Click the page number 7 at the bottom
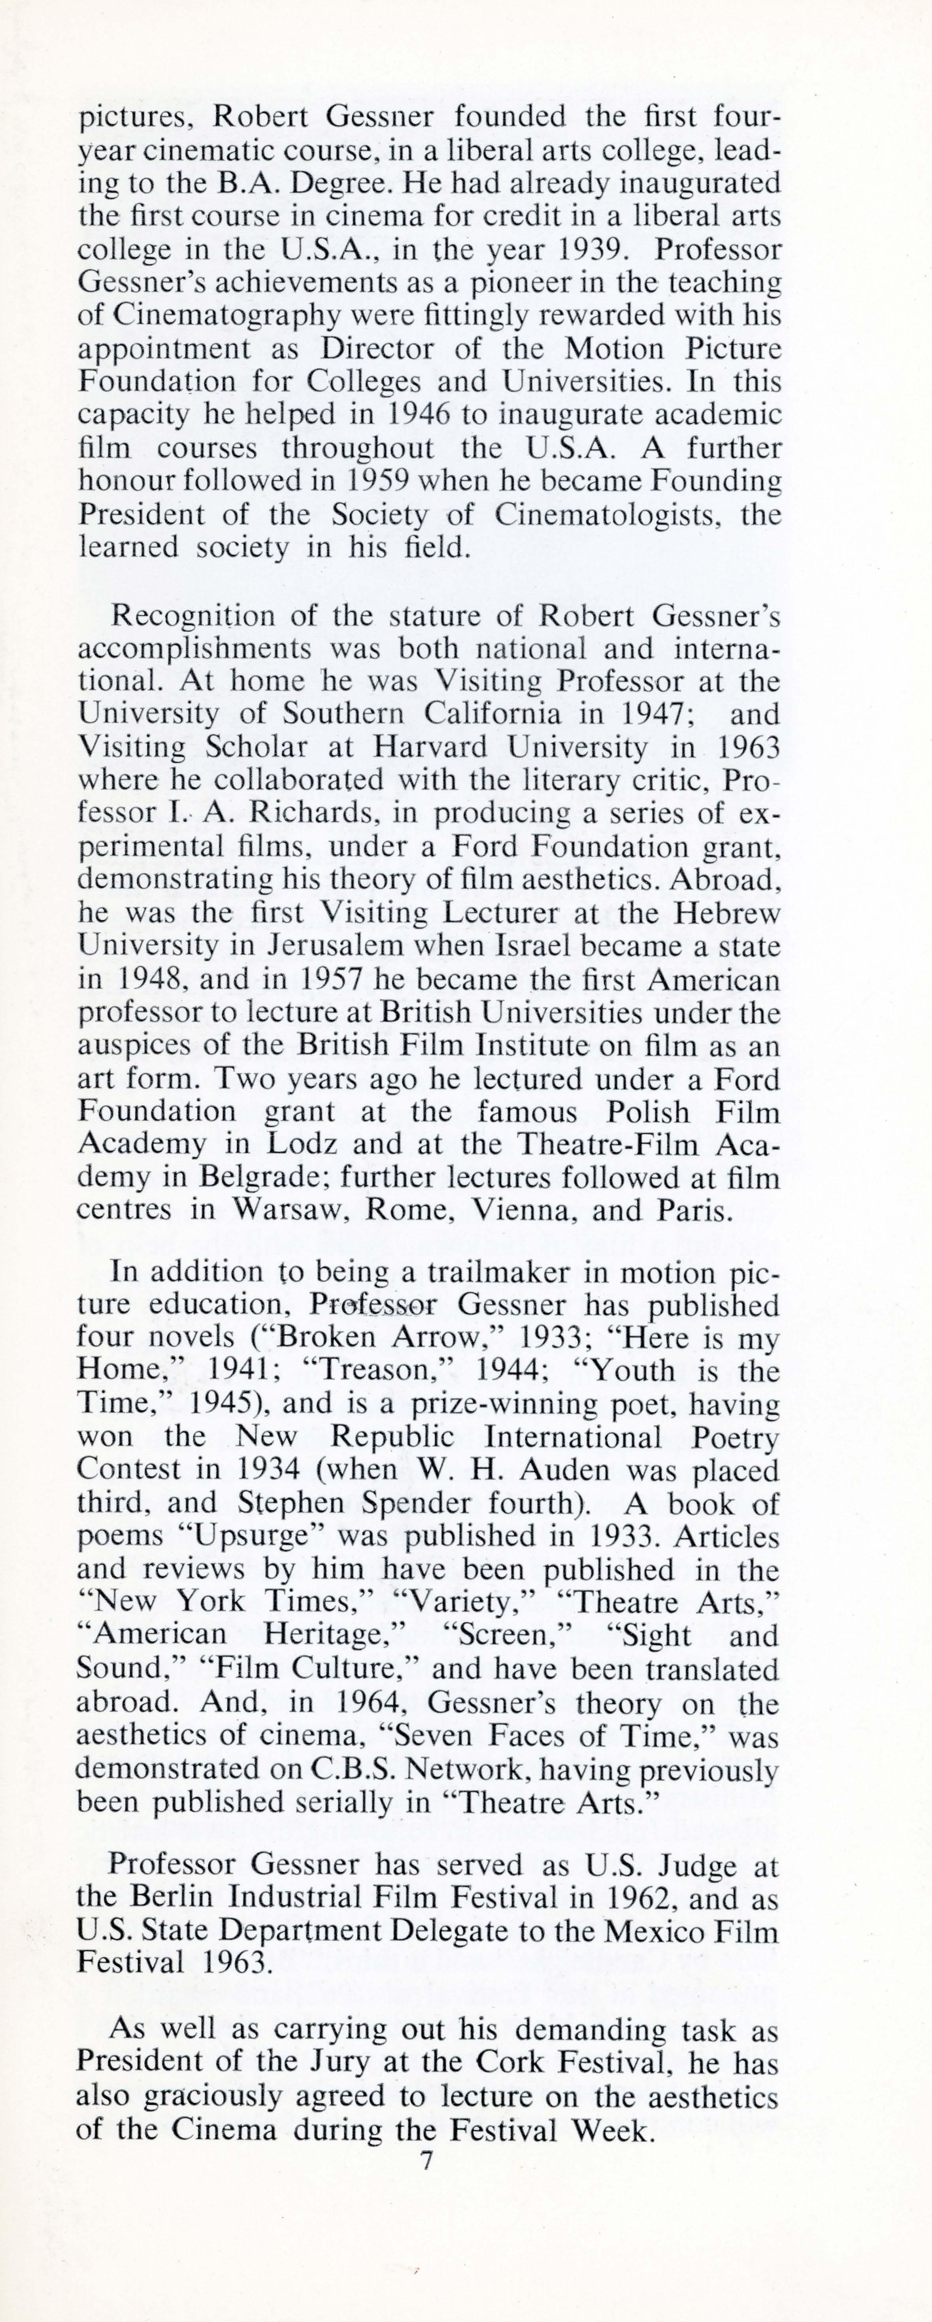point(427,2161)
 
